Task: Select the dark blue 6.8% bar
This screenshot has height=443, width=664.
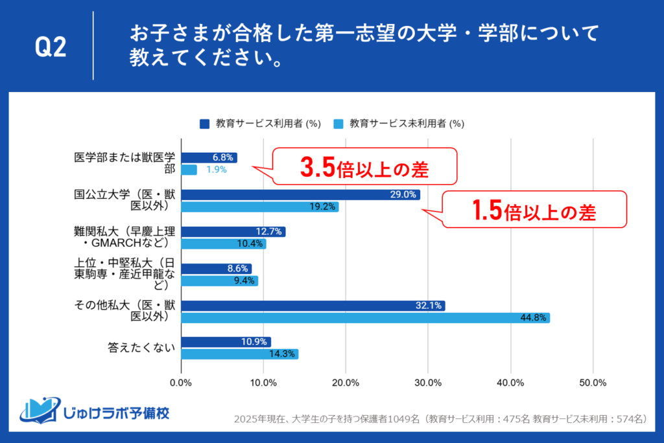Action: [x=209, y=157]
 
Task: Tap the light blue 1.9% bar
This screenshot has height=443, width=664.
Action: [x=189, y=170]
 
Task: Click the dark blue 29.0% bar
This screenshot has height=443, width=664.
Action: [x=300, y=194]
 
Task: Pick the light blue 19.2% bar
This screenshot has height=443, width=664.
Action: [x=259, y=207]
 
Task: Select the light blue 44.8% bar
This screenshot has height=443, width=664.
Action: [x=365, y=317]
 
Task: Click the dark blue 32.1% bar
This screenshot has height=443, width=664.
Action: [x=313, y=305]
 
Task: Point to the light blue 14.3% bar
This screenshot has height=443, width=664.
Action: [x=239, y=354]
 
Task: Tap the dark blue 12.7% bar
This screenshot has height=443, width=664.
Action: [x=233, y=231]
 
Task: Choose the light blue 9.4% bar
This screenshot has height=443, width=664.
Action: [x=219, y=280]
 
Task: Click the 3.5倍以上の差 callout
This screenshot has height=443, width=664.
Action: [x=364, y=168]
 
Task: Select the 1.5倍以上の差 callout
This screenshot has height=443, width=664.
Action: [x=535, y=210]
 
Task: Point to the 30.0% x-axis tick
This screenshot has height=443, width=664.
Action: [x=428, y=382]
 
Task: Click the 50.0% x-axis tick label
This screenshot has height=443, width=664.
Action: [x=592, y=382]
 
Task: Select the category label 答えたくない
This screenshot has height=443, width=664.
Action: [x=141, y=348]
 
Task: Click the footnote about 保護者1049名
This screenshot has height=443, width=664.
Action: [x=440, y=419]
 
